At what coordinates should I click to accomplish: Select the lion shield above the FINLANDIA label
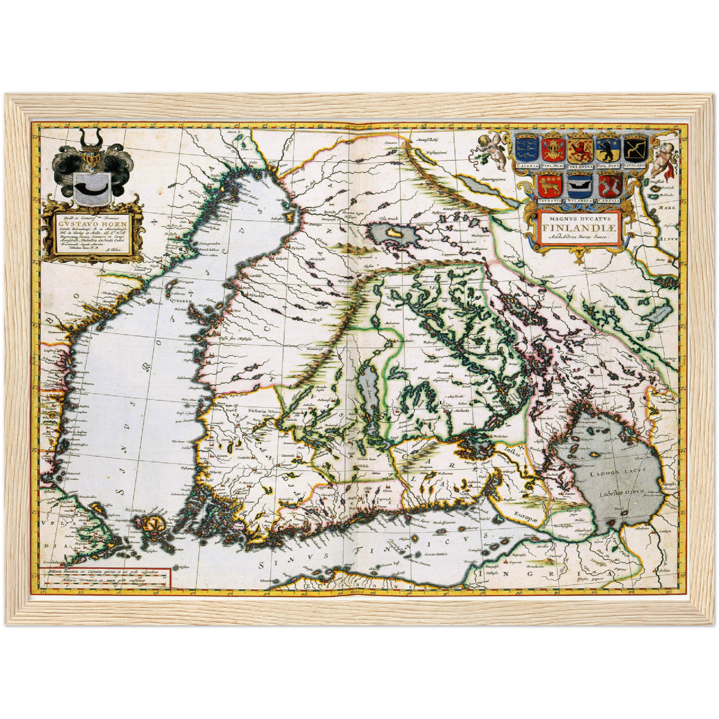tap(580, 148)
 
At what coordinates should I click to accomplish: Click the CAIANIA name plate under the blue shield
tap(526, 165)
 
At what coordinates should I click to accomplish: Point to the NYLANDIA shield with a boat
tap(578, 186)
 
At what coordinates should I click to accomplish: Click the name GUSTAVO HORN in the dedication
tap(93, 224)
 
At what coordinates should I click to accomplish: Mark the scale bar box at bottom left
tap(105, 577)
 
